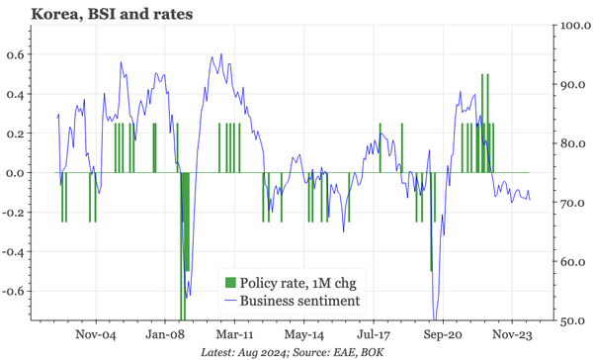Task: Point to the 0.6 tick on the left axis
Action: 14,54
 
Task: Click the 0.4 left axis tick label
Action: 14,94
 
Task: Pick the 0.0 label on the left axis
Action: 14,173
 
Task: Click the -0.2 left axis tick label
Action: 12,213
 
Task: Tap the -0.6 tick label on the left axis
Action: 12,292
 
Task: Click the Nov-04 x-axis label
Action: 97,335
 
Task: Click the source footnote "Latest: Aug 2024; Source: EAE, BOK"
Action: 296,352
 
